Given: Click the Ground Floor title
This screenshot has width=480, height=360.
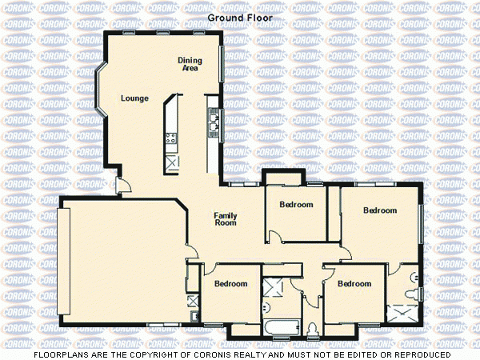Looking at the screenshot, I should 240,17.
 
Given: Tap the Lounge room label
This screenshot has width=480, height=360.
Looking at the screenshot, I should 134,98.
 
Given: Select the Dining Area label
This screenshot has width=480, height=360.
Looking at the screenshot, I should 190,64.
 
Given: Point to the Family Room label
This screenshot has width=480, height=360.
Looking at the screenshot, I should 226,218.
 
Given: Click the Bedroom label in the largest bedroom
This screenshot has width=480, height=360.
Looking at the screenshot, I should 380,210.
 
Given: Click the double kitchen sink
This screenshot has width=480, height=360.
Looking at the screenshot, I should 214,120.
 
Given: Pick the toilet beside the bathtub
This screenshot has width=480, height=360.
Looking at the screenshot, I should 311,326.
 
